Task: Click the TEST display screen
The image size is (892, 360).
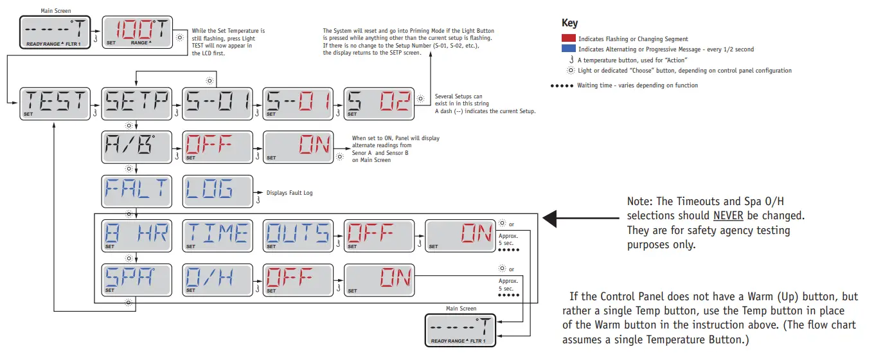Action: point(55,103)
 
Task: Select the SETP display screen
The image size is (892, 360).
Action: point(136,103)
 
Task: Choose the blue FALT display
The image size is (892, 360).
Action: point(136,191)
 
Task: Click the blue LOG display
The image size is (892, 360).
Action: point(217,191)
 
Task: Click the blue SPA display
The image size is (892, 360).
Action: point(136,279)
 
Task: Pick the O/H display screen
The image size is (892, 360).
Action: point(217,279)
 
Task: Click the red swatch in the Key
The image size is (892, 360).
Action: point(568,39)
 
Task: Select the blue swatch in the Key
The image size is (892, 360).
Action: point(568,50)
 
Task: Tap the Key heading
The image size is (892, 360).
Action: point(569,23)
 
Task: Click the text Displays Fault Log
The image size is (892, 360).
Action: point(289,192)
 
